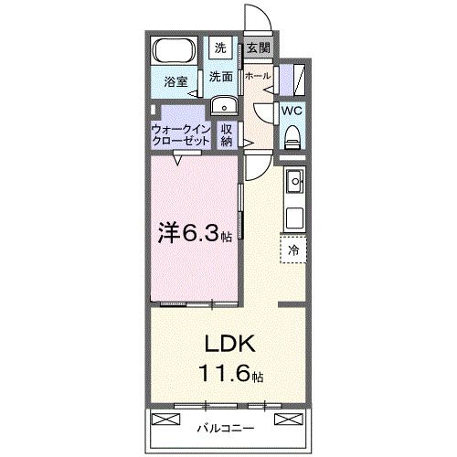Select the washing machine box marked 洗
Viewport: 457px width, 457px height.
coord(220,47)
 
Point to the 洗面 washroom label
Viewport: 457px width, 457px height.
coord(220,76)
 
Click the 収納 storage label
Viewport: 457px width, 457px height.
coord(227,135)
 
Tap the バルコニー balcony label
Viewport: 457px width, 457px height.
coord(226,426)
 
